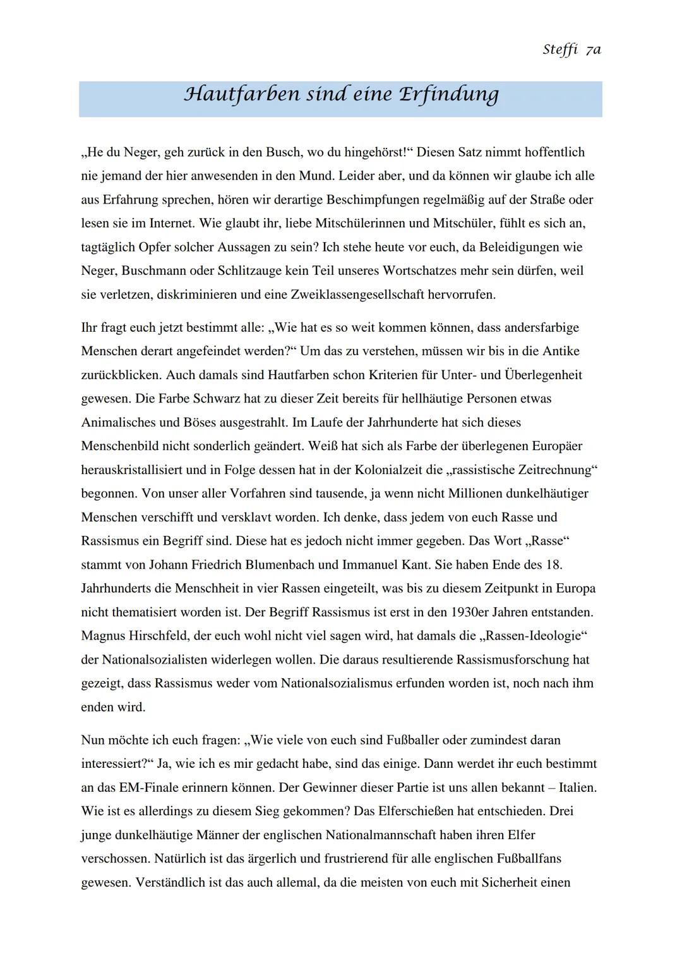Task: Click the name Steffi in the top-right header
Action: click(560, 51)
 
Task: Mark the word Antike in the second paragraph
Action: click(560, 351)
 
